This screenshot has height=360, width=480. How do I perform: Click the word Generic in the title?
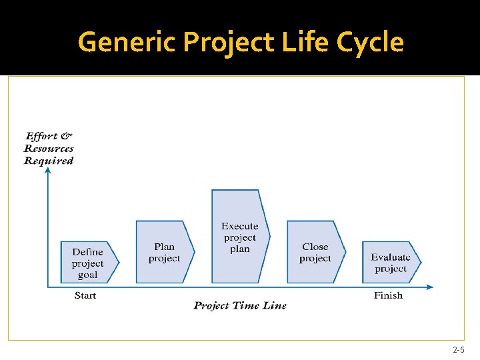tap(127, 42)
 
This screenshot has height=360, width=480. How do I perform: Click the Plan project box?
tap(165, 252)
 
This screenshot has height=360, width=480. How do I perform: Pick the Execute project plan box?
tap(240, 237)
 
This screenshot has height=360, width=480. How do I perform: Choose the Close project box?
tap(316, 252)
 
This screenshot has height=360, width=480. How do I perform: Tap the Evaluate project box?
tap(391, 263)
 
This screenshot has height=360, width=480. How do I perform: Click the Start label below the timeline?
tap(85, 295)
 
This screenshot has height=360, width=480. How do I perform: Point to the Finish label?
tap(388, 295)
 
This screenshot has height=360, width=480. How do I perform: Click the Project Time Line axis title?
tap(240, 305)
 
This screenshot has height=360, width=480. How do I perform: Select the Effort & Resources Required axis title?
tap(49, 148)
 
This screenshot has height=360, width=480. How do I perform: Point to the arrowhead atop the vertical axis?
tap(48, 170)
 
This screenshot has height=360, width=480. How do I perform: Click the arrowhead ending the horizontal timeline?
tap(430, 287)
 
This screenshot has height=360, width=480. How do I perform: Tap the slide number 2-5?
tap(459, 350)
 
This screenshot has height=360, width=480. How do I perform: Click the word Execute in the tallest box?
tap(240, 226)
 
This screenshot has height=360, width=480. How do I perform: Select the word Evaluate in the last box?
tap(391, 257)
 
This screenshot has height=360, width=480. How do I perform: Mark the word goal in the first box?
tap(87, 275)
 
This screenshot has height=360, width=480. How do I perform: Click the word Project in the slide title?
tap(229, 42)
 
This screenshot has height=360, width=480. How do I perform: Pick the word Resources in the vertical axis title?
tap(49, 149)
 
